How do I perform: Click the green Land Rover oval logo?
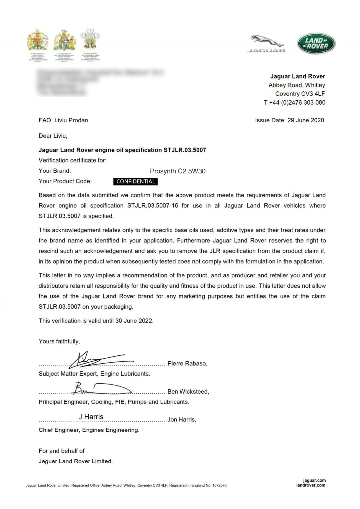coord(316,44)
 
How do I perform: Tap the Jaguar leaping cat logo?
coord(267,43)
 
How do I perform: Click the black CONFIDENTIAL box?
coord(135,181)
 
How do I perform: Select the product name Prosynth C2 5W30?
coord(178,171)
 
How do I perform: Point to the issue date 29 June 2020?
coord(306,120)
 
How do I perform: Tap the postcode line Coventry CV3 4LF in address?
coord(300,94)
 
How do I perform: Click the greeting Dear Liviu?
coord(53,136)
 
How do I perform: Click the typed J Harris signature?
coord(91,417)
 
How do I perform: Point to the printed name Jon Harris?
coord(182,420)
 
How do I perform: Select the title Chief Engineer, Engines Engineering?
coord(89,430)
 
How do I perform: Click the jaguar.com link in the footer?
coord(314,480)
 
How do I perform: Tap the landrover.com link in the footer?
coord(311,485)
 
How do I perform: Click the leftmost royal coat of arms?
coord(37,40)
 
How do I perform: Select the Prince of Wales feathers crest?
coord(90,40)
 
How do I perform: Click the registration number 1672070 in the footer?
coord(219,485)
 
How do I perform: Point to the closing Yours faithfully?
coord(59,341)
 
